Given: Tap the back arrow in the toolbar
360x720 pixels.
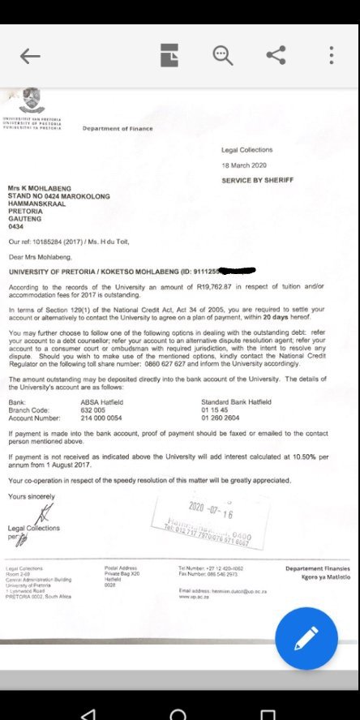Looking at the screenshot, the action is (30, 55).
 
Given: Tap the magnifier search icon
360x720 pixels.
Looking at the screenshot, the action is (222, 55).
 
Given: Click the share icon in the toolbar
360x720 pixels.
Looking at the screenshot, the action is (276, 55).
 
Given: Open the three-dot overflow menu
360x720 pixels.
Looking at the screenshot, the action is (331, 55).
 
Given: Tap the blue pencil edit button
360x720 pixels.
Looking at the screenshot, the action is (306, 638).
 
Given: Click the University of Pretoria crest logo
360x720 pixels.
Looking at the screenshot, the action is (32, 99).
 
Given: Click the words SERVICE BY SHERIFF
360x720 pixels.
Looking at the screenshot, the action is (257, 180).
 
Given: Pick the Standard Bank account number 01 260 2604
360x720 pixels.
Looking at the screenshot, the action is (221, 415).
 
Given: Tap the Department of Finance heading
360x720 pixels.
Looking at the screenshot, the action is (117, 129).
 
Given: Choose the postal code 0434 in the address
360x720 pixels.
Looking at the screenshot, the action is (17, 227).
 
